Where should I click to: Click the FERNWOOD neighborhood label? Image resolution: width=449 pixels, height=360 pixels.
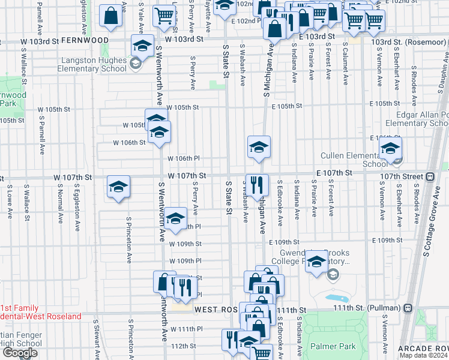coord(85,40)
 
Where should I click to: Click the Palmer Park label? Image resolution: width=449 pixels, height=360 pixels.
coord(333,346)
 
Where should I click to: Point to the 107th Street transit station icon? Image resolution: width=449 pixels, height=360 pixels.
coord(430,176)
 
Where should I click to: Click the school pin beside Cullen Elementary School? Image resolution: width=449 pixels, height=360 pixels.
coord(390,149)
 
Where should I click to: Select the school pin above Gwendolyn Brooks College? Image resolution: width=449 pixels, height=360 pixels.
coord(316,262)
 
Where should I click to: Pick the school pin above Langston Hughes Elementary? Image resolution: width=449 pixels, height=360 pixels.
coord(142,46)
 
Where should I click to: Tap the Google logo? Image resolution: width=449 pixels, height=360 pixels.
coord(20,353)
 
